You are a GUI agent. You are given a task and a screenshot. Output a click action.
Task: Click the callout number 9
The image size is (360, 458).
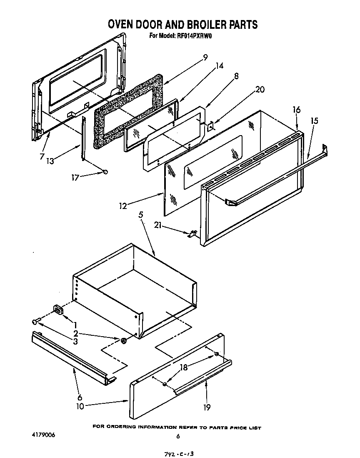click(205, 58)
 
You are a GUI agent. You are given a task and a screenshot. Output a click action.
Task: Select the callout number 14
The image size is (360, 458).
click(220, 66)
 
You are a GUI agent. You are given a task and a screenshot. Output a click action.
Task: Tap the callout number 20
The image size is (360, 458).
click(260, 89)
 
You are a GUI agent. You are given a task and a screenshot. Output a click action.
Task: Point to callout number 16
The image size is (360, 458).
click(296, 110)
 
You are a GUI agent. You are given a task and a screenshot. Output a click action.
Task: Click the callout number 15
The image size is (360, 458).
click(315, 121)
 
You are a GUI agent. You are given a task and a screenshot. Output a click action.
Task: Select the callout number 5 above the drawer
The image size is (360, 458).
click(141, 215)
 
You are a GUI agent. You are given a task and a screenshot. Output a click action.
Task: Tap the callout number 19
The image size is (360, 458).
click(207, 408)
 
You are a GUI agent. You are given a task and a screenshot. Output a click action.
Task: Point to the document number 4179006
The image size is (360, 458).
click(43, 435)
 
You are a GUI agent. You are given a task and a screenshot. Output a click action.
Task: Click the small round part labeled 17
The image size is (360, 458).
click(106, 171)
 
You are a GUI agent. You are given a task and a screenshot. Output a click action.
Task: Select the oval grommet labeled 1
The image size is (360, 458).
click(57, 310)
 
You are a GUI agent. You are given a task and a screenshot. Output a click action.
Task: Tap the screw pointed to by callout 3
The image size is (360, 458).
click(36, 321)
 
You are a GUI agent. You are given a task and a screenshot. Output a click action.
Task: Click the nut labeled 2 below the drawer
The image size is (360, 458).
click(124, 341)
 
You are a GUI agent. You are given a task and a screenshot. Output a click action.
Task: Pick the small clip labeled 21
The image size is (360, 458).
click(192, 234)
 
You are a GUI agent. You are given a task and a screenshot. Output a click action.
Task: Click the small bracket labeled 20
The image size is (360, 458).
click(211, 125)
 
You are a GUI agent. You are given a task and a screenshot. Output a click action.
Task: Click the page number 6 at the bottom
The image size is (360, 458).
click(178, 437)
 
